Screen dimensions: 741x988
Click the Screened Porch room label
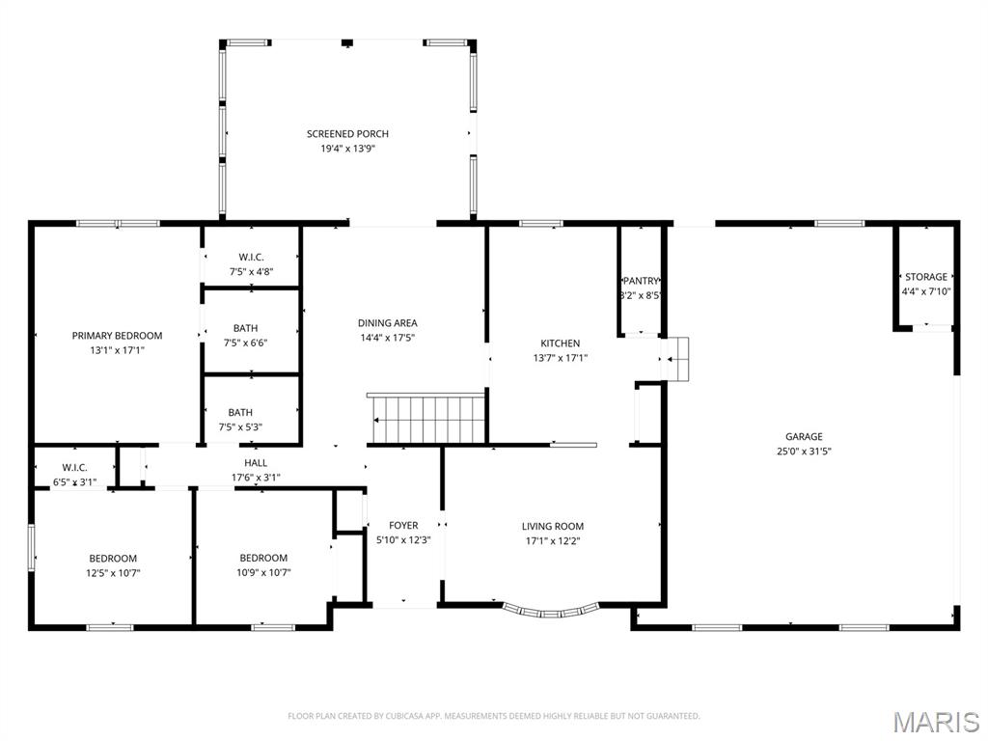pyautogui.click(x=347, y=134)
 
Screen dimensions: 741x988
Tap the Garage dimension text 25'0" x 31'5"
pyautogui.click(x=803, y=452)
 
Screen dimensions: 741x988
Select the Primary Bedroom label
pyautogui.click(x=117, y=336)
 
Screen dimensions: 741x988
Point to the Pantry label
pyautogui.click(x=640, y=281)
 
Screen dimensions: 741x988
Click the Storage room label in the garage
pyautogui.click(x=925, y=277)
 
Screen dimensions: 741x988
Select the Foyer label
pyautogui.click(x=403, y=526)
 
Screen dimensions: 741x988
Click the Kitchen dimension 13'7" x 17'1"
pyautogui.click(x=560, y=358)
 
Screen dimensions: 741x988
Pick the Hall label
pyautogui.click(x=256, y=463)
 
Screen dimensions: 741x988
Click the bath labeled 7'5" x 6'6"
pyautogui.click(x=245, y=336)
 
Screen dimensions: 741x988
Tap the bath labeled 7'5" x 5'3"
pyautogui.click(x=245, y=420)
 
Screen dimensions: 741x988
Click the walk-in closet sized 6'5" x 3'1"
pyautogui.click(x=74, y=475)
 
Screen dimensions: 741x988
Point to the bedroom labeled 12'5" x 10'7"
pyautogui.click(x=113, y=565)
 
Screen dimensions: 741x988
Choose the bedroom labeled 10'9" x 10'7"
pyautogui.click(x=263, y=565)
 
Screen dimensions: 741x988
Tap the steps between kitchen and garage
pyautogui.click(x=677, y=359)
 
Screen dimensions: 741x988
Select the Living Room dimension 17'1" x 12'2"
pyautogui.click(x=552, y=541)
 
